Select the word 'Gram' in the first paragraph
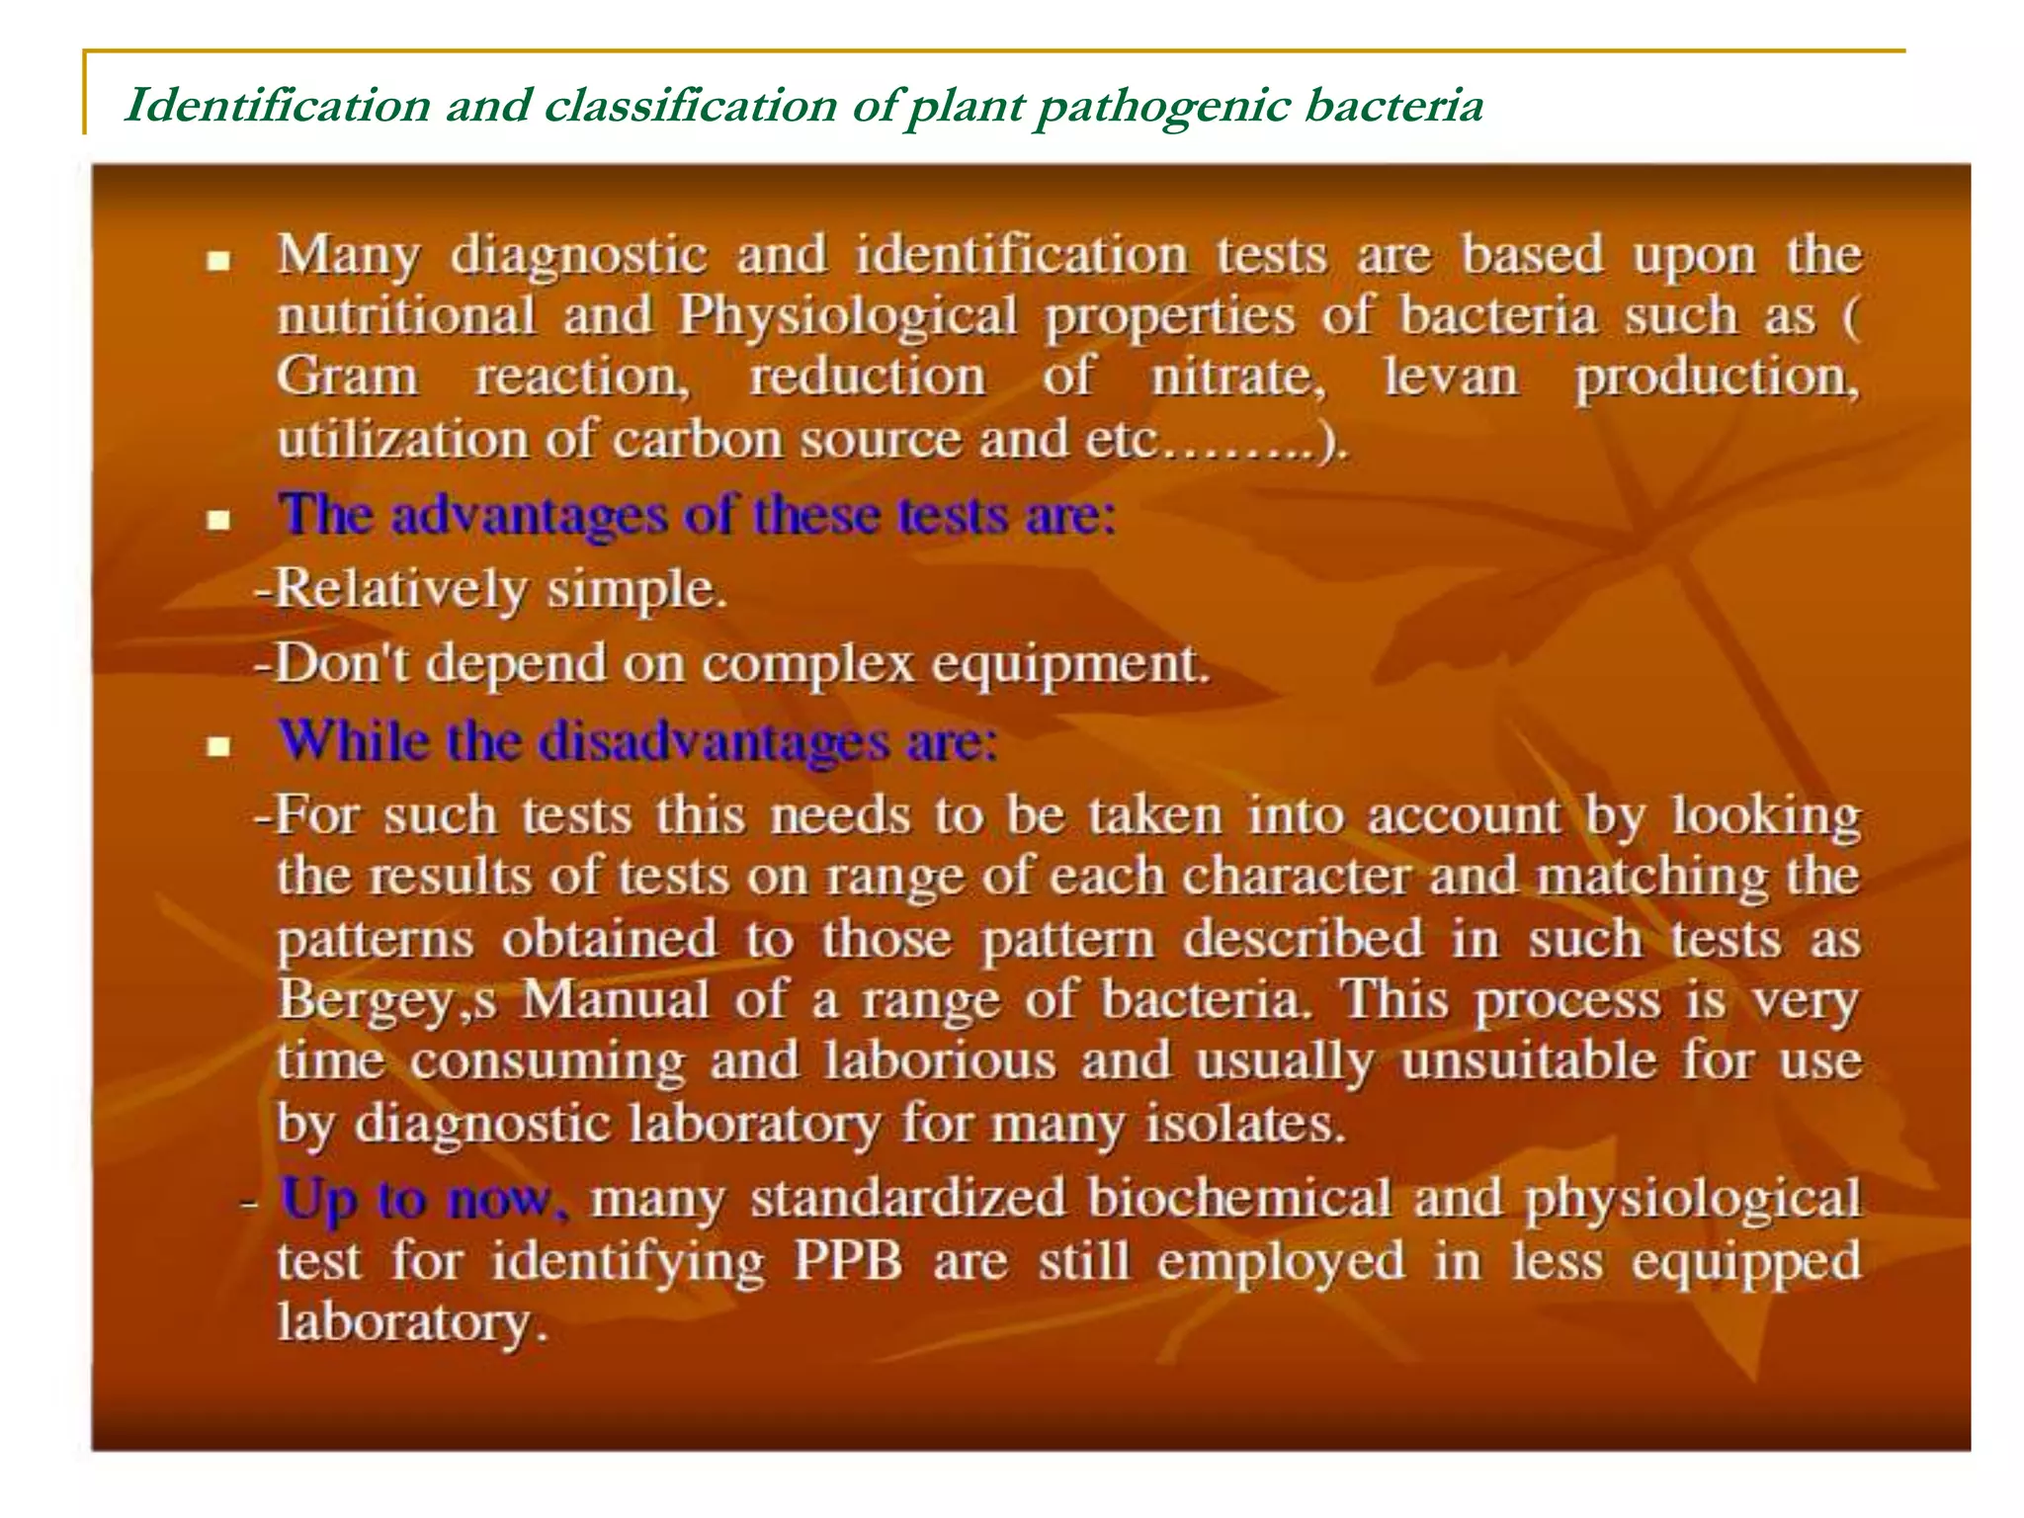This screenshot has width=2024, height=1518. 347,378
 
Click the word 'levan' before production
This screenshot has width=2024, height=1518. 1451,378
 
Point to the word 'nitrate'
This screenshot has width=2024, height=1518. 1237,378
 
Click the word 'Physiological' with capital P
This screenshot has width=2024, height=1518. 848,316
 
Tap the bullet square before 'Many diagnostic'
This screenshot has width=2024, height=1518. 218,262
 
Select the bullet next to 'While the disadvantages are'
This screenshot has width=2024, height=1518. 218,746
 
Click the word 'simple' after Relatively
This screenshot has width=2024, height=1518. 635,590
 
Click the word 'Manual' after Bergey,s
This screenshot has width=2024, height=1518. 615,1000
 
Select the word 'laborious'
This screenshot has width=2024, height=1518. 940,1061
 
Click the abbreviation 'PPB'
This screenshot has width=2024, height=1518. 848,1262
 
